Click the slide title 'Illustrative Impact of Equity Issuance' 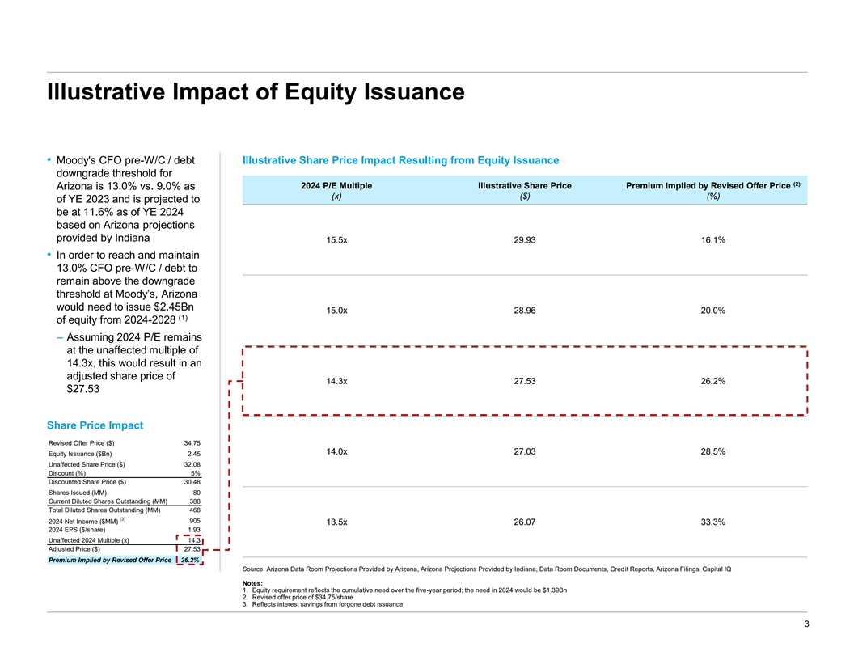pos(255,91)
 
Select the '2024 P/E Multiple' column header pos(336,186)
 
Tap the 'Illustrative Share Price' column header pos(525,186)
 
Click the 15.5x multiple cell pos(336,240)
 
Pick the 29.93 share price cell pos(525,240)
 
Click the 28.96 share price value pos(525,311)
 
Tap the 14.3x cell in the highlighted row pos(336,381)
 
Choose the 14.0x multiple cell pos(336,451)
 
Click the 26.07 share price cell pos(525,522)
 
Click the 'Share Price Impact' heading pos(95,425)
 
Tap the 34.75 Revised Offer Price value pos(192,442)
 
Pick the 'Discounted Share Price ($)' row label pos(87,482)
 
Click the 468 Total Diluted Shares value pos(195,510)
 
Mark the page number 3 pos(805,624)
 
